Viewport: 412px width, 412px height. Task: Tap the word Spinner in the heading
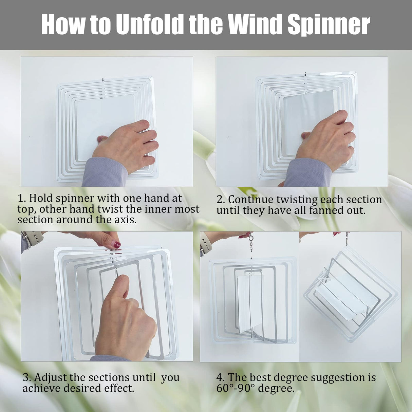(x=329, y=24)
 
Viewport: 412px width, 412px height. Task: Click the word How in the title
(x=63, y=24)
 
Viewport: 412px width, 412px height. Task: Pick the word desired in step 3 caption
(x=85, y=388)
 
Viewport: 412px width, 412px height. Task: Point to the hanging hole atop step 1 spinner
(x=102, y=80)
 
